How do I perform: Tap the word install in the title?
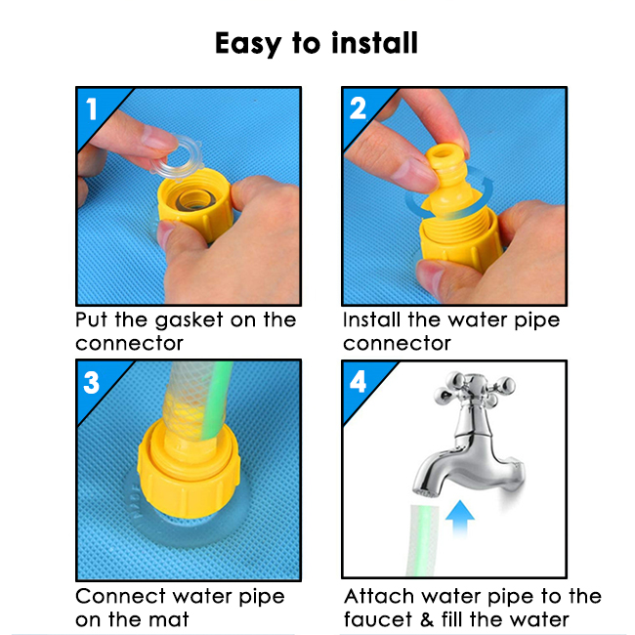point(374,43)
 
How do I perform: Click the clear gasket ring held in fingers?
point(177,158)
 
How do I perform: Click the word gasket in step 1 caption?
point(190,320)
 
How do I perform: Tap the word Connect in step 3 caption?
point(120,597)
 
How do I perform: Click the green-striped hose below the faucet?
point(422,540)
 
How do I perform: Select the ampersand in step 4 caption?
point(427,620)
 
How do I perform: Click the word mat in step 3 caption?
point(168,620)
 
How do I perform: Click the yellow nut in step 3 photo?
point(189,469)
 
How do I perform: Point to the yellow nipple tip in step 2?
point(444,154)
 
